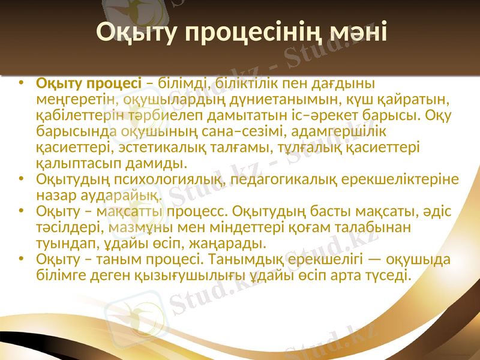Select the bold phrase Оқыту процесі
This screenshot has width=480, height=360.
(89, 82)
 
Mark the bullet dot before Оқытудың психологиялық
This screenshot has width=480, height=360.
(22, 179)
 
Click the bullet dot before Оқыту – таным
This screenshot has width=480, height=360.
(22, 260)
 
